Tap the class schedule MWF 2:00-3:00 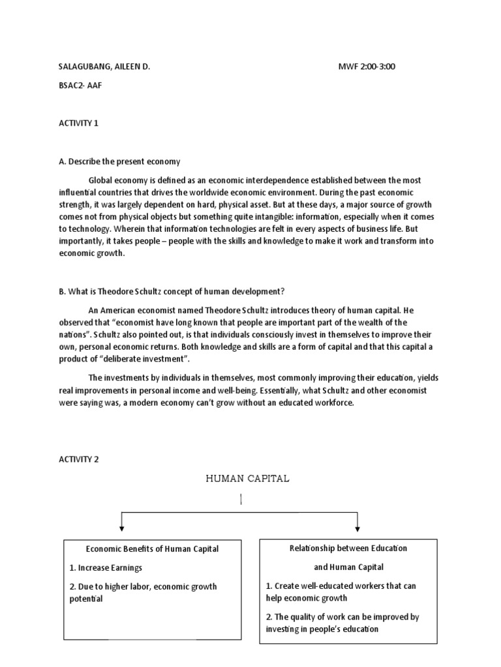[x=366, y=67]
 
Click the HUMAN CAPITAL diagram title [x=247, y=479]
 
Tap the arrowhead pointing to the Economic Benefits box [x=121, y=528]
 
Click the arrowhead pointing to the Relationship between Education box [x=357, y=528]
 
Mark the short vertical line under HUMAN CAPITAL [x=241, y=500]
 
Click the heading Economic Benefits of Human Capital [x=152, y=549]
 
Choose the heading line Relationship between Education [x=348, y=548]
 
